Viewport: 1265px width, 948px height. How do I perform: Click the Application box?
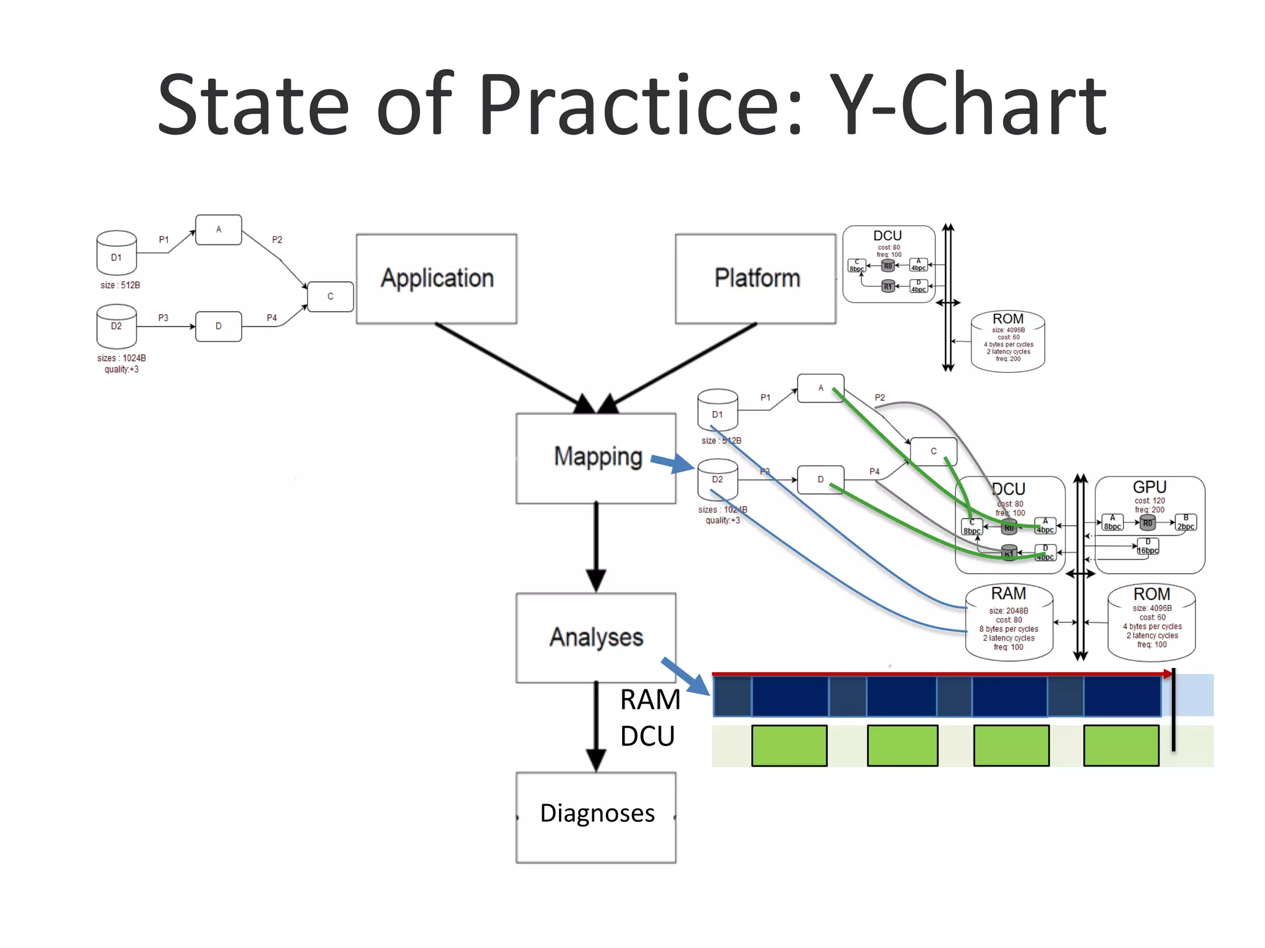pos(436,278)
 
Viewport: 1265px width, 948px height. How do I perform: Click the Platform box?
pos(755,278)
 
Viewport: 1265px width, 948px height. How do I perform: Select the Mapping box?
pos(595,458)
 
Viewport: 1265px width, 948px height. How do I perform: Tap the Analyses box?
pos(595,638)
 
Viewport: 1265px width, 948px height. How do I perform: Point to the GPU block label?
pos(1149,487)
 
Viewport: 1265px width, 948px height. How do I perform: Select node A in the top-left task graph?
pos(218,230)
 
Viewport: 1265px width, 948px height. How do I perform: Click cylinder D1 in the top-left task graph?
pos(116,253)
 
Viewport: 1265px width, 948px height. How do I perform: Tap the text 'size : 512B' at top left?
pos(120,285)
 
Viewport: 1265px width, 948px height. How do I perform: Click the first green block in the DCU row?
pos(789,746)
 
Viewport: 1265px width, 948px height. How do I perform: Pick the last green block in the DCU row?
pos(1120,746)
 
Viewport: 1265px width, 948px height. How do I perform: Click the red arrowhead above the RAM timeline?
pos(1167,674)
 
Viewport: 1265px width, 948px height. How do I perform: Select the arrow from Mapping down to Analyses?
pos(595,546)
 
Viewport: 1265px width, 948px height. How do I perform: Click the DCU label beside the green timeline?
pos(647,736)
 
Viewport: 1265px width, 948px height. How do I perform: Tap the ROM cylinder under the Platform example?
pos(1007,341)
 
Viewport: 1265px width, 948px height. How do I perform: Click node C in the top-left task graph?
pos(330,296)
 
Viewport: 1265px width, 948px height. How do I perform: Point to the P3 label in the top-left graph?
pos(163,317)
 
